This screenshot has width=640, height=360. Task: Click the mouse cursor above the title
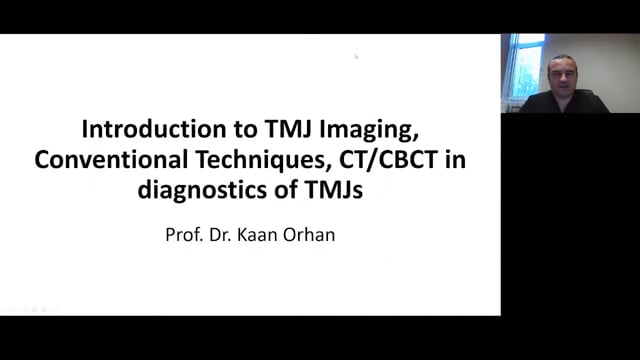355,56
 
